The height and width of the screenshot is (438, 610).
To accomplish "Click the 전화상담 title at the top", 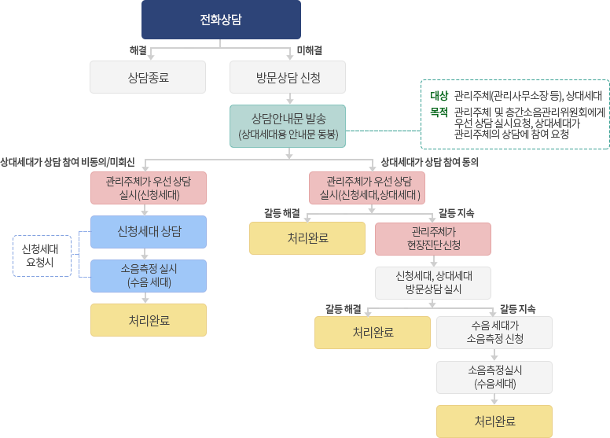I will tap(221, 20).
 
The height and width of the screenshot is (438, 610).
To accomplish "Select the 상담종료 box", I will tap(148, 78).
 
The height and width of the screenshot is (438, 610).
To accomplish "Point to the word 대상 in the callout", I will tap(439, 96).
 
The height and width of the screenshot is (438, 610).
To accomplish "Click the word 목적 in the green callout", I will tap(439, 112).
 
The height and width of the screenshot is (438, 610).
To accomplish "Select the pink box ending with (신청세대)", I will tap(148, 188).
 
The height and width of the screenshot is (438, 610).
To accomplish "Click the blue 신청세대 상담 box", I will tap(149, 231).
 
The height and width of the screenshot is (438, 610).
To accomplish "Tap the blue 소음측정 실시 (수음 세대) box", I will tap(149, 275).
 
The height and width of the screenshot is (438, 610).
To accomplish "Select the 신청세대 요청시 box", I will tap(38, 256).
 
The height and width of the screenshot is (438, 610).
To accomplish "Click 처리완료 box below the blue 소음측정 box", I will tap(149, 320).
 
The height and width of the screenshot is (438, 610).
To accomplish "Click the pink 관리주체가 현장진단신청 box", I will tap(432, 238).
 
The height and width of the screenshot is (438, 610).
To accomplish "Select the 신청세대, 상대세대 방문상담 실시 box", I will tap(432, 283).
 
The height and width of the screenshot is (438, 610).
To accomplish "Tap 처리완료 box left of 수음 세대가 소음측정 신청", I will tap(373, 332).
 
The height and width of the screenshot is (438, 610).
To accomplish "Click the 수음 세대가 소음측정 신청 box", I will tap(494, 332).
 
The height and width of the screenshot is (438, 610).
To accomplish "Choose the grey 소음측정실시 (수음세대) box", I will tap(494, 377).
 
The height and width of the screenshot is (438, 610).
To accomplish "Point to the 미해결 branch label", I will tap(309, 50).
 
